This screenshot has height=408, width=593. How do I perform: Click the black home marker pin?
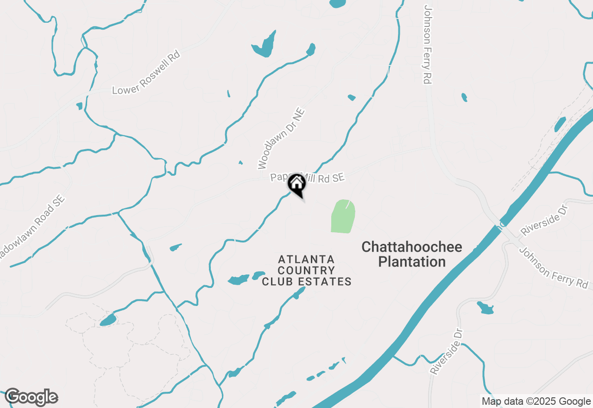tap(297, 184)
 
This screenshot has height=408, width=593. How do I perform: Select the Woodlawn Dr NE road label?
tap(281, 138)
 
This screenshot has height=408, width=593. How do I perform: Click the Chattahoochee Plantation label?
tap(411, 254)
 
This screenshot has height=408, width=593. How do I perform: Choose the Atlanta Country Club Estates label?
tap(307, 270)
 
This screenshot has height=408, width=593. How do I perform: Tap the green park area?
tap(343, 217)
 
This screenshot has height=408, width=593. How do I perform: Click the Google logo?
tap(32, 397)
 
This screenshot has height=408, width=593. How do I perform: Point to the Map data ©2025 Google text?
tap(536, 402)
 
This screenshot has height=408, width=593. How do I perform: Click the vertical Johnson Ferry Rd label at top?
tap(427, 45)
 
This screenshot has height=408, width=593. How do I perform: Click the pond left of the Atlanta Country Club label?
tap(239, 280)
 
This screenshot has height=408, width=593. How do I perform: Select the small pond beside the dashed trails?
tap(107, 320)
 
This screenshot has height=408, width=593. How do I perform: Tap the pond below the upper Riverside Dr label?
tap(485, 307)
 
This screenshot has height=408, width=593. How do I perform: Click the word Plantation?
tap(411, 262)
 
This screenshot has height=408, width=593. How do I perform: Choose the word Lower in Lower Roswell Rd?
tap(125, 86)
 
